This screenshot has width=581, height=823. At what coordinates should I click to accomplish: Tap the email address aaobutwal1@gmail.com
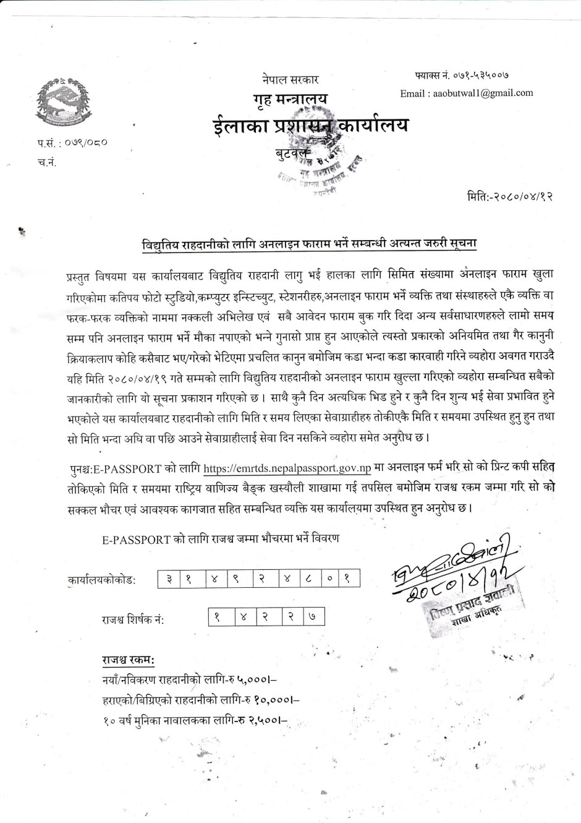(466, 93)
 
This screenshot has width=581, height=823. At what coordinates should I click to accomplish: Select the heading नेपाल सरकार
(290, 79)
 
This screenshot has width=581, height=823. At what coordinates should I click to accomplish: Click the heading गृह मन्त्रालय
(290, 99)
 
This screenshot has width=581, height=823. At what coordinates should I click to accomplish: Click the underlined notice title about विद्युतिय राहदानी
(309, 243)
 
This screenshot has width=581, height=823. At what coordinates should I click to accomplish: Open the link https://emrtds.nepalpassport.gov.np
(287, 468)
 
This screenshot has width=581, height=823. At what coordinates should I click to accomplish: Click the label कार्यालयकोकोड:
(102, 580)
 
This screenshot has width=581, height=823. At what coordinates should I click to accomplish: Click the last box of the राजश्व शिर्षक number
(313, 616)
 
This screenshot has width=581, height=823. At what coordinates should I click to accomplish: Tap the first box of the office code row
(169, 579)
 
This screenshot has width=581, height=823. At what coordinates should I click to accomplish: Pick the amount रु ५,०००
(253, 680)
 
